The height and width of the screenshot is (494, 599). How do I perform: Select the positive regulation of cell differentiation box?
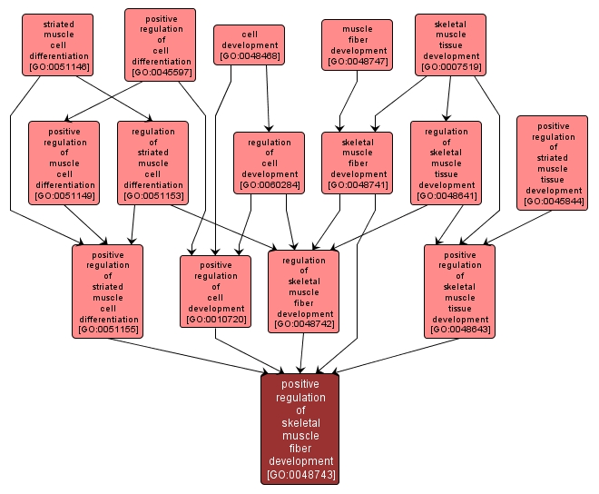[161, 44]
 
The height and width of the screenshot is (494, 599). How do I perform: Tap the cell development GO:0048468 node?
[250, 44]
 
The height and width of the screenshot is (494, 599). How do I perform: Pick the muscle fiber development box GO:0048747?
[358, 44]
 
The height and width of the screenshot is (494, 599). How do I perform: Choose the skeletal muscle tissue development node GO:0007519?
[451, 44]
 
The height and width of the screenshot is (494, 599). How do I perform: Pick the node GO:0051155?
[108, 291]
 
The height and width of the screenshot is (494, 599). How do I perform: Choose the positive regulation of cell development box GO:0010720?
[215, 291]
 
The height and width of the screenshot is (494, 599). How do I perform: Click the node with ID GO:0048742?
[304, 291]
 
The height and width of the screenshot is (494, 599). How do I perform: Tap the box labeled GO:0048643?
[460, 291]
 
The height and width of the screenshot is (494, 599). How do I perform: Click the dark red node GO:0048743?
[300, 429]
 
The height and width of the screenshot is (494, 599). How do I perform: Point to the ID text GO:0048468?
[250, 56]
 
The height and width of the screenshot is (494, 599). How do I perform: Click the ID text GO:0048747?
[358, 62]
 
